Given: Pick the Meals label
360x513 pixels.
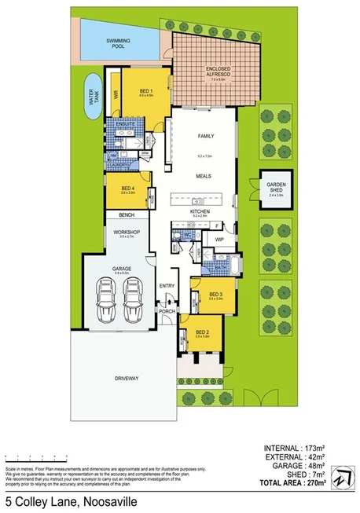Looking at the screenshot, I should point(205,178).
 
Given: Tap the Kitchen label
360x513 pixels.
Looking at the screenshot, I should point(201,211).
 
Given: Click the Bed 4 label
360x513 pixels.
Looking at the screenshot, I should point(127,189).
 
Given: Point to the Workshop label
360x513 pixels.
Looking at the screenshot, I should point(127,232).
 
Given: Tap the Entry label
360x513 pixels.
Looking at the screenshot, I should point(167,285).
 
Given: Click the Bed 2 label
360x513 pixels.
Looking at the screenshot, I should point(201,333).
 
